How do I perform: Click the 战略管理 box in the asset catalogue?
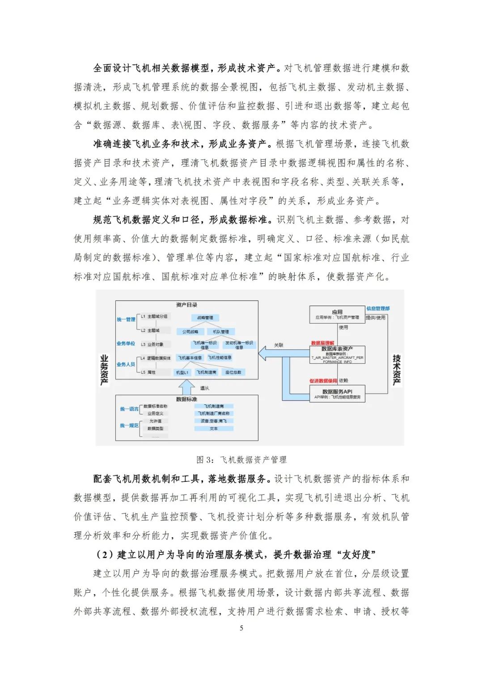point(205,318)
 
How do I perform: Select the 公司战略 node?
point(191,332)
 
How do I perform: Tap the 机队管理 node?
point(220,332)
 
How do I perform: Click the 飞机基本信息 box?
point(190,358)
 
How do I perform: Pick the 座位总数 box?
point(233,372)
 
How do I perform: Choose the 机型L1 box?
point(182,372)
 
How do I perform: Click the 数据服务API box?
point(337,394)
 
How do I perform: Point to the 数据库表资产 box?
point(337,354)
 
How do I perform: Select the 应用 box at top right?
point(337,314)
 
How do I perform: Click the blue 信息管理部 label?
point(378,308)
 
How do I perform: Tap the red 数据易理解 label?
point(322,343)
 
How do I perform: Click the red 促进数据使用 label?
point(323,381)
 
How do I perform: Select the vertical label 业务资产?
point(104,370)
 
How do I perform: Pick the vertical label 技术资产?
point(396,370)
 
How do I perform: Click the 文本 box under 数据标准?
point(214,428)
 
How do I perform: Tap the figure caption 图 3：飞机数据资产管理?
point(241,459)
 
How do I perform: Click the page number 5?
point(241,628)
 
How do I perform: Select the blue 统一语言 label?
point(129,409)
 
